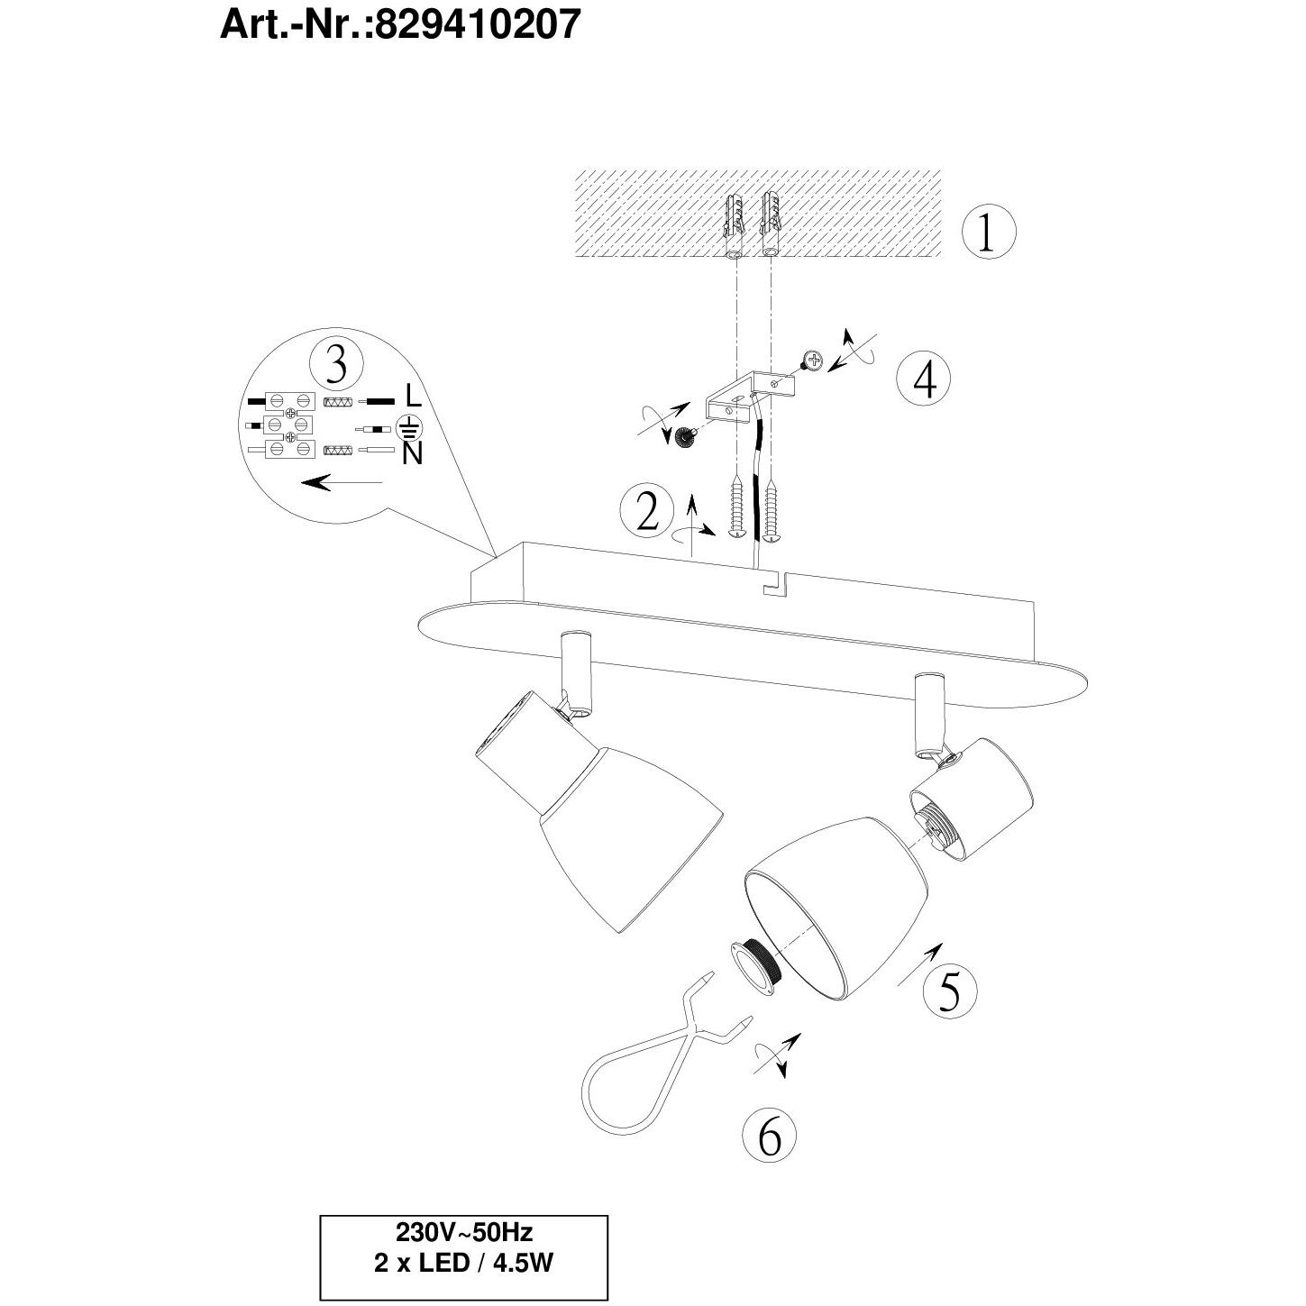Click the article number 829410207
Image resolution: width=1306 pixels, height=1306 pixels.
(477, 25)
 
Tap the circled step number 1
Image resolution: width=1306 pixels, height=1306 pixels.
(989, 233)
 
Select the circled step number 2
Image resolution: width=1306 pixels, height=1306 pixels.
(648, 510)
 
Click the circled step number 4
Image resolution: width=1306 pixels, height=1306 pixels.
(924, 379)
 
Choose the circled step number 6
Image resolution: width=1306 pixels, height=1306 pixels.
(769, 1136)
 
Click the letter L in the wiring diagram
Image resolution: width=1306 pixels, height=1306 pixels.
(413, 395)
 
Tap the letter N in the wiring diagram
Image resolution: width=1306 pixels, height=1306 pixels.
(412, 453)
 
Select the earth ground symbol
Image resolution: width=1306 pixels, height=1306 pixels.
(408, 427)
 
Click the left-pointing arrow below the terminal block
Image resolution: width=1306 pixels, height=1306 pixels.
(342, 482)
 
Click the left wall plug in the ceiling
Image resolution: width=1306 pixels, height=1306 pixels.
(734, 225)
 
